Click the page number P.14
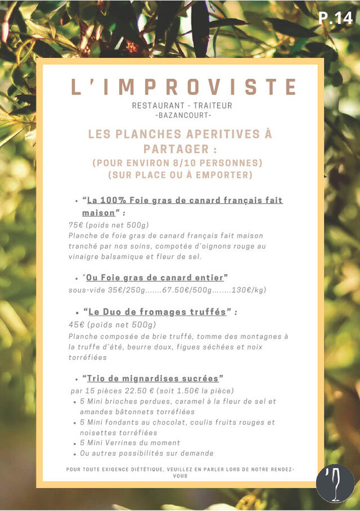tap(336, 18)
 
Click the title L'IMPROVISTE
tap(183, 87)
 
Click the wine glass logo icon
tap(335, 483)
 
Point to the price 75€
tap(75, 225)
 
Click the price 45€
tap(76, 325)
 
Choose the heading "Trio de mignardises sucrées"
tap(152, 378)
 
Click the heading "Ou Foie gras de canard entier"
tap(155, 277)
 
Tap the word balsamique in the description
tap(119, 257)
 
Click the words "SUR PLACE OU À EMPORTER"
tap(179, 175)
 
